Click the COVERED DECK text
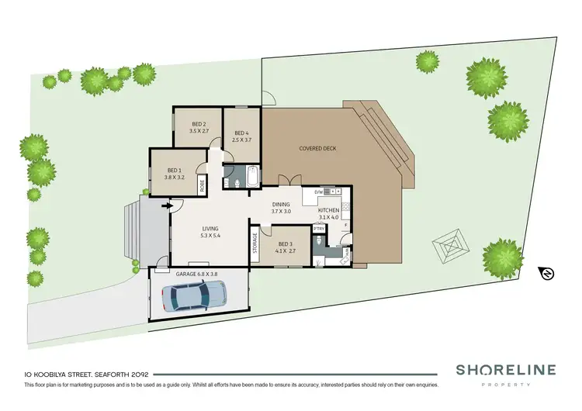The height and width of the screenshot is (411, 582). click(x=318, y=148)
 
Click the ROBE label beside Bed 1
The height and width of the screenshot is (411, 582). click(x=203, y=185)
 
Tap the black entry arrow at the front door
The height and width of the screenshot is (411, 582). click(x=165, y=206)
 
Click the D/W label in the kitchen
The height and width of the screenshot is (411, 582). click(x=318, y=191)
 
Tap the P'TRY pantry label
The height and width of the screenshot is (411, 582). click(x=318, y=228)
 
